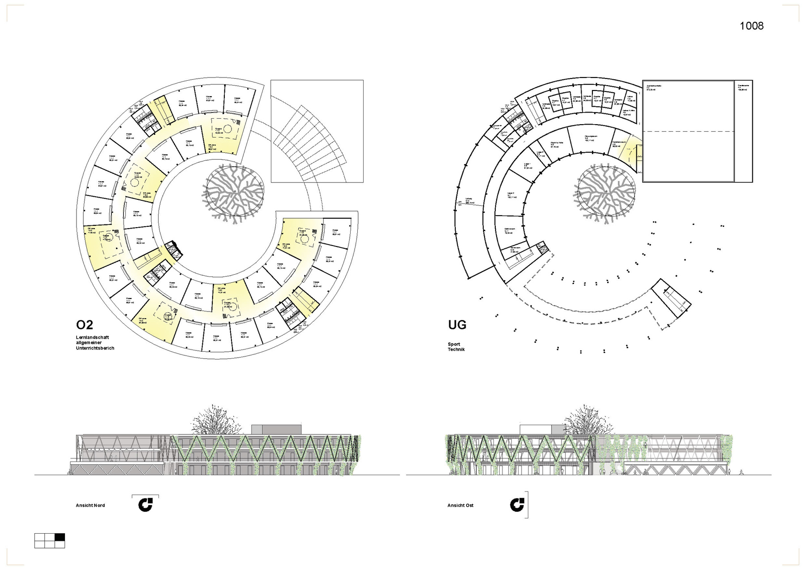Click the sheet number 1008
(x=751, y=26)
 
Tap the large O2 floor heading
(x=85, y=324)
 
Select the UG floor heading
(x=457, y=324)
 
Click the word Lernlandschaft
(x=92, y=337)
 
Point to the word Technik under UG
(x=456, y=349)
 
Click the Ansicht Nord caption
(x=90, y=505)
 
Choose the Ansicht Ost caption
(x=460, y=505)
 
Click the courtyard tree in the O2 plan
(x=233, y=191)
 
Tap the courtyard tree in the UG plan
(x=606, y=191)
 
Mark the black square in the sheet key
(x=60, y=537)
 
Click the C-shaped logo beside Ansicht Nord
(x=146, y=505)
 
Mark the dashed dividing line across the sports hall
(x=689, y=131)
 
